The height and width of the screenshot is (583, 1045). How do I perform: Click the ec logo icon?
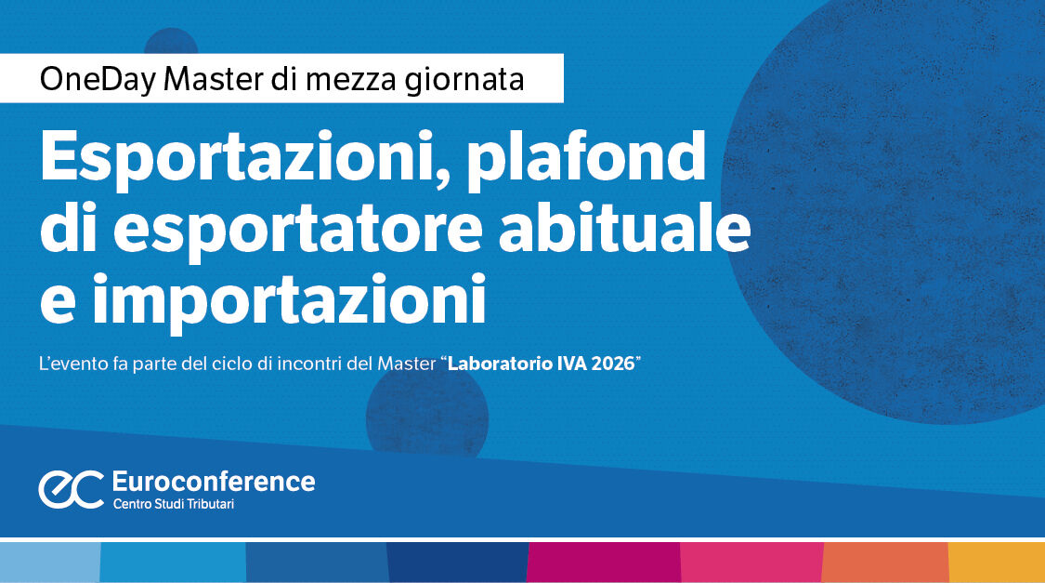(71, 489)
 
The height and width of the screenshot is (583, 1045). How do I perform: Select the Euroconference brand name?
(213, 482)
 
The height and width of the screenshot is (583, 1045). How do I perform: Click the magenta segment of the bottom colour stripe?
(603, 563)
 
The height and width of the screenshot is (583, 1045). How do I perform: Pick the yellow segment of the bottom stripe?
(997, 563)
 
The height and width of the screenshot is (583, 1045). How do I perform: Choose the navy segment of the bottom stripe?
(456, 563)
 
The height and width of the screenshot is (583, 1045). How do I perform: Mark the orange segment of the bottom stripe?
(884, 563)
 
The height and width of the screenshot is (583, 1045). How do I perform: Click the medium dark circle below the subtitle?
(427, 409)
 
